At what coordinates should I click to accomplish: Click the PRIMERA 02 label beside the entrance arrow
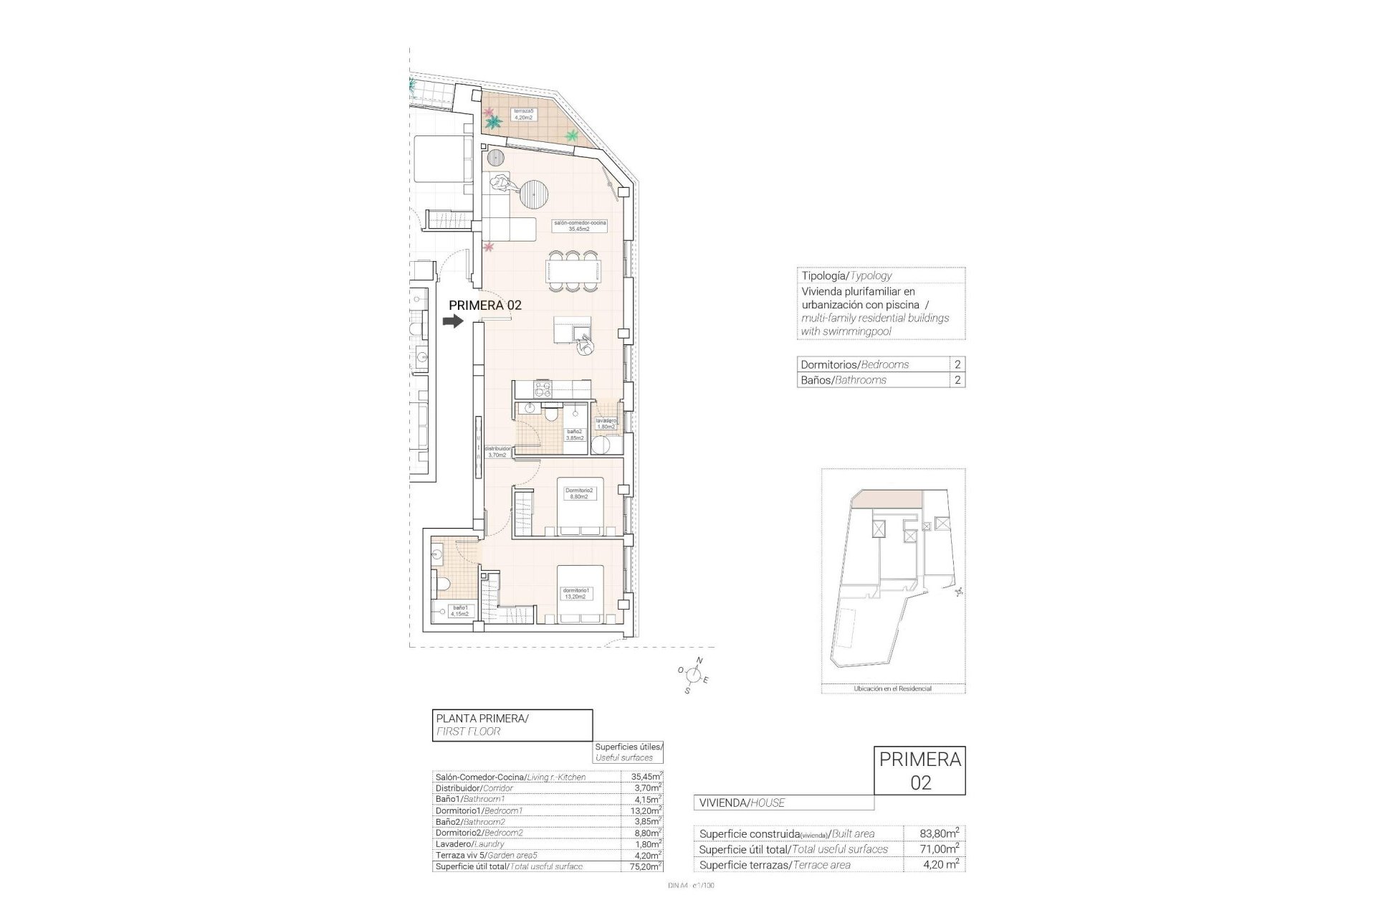(x=484, y=305)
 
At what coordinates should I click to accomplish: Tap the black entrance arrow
(x=453, y=322)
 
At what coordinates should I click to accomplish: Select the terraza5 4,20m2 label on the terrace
(x=522, y=115)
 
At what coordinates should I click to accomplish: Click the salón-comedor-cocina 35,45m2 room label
(x=580, y=226)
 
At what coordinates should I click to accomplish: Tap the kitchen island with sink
(x=573, y=331)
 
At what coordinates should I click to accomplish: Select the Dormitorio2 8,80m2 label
(x=579, y=493)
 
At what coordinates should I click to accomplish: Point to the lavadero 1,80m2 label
(x=606, y=424)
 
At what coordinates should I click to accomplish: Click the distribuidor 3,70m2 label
(x=497, y=452)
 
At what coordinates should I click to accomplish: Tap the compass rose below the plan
(x=693, y=674)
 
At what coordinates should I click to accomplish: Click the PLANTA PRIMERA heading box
(x=513, y=724)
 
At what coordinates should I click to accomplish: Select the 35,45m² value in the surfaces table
(x=641, y=777)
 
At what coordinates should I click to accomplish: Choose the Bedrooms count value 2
(x=957, y=364)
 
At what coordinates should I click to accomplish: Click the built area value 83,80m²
(x=940, y=833)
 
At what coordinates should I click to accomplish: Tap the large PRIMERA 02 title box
(x=920, y=770)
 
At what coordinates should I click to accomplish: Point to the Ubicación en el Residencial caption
(x=892, y=688)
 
